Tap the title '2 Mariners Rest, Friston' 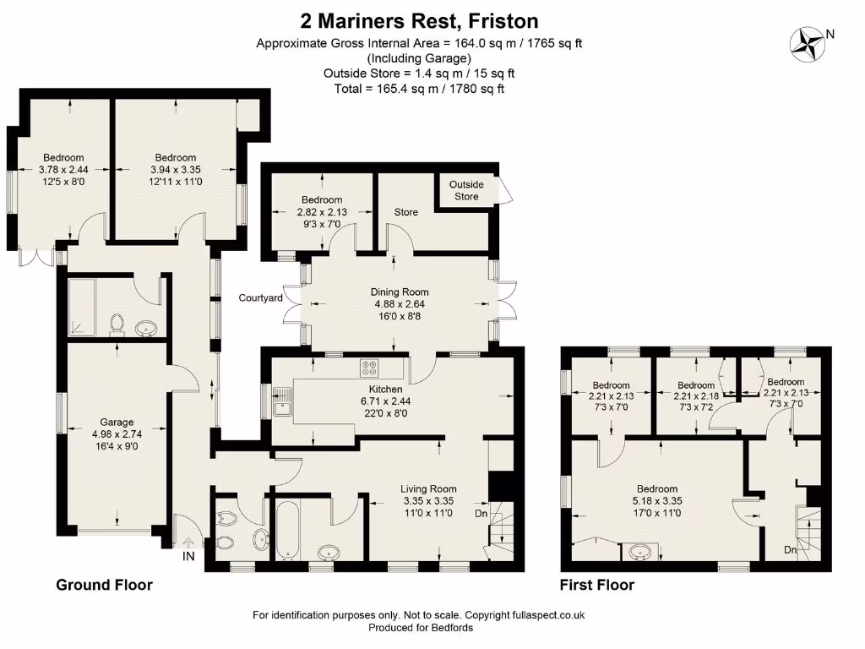coord(420,20)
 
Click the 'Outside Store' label coord(465,190)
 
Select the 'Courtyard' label coord(260,298)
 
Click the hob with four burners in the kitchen coord(370,368)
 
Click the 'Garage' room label coord(117,423)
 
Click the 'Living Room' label coord(428,488)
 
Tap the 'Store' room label coord(406,212)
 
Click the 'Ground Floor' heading coord(104,585)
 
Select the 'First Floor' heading coord(597,585)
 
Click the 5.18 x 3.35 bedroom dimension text coord(656,500)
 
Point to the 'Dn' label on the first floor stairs coord(790,551)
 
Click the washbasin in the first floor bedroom coord(639,554)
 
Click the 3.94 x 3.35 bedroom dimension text coord(176,169)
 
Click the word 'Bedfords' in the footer coord(452,628)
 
